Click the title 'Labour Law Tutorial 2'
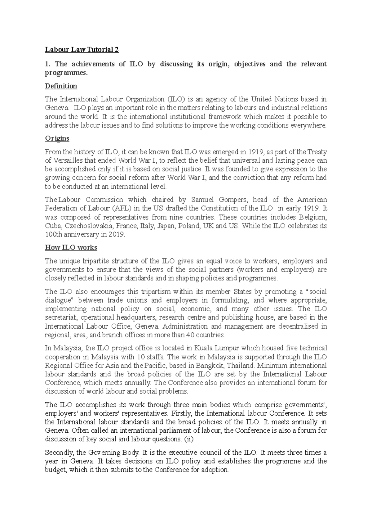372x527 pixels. [82, 50]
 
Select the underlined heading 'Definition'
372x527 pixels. [61, 86]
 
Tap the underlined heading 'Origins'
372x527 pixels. [57, 138]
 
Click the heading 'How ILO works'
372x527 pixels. [71, 248]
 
